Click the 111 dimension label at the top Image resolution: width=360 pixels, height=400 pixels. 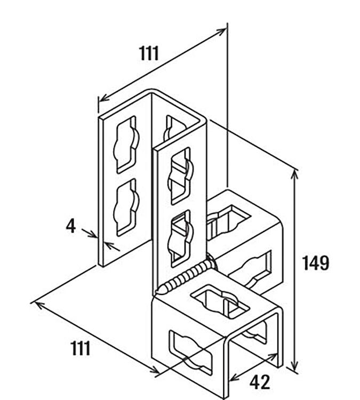tap(149, 53)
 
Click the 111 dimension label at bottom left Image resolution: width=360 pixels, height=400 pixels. tap(81, 348)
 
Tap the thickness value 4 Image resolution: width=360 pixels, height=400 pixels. tap(71, 226)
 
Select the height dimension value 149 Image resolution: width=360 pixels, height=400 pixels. tap(316, 263)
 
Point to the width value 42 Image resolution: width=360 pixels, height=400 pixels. tap(260, 382)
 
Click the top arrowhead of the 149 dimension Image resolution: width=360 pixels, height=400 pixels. tap(295, 174)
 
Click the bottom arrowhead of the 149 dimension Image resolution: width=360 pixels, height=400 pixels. tap(295, 366)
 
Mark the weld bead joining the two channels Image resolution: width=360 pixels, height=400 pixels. tap(186, 276)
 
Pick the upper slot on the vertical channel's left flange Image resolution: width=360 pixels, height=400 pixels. tap(126, 145)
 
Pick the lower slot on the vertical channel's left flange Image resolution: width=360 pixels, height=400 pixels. tap(126, 207)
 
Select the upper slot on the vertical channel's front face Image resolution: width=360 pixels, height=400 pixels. tap(180, 176)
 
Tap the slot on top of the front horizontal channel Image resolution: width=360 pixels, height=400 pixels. tap(220, 301)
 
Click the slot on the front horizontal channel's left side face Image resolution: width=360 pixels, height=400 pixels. tap(190, 353)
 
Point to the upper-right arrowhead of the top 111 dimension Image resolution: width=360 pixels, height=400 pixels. tap(221, 31)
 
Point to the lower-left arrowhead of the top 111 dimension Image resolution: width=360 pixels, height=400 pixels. tap(104, 98)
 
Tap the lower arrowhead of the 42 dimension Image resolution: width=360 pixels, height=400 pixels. tap(234, 377)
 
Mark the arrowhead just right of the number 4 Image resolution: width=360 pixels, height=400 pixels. tap(93, 235)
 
